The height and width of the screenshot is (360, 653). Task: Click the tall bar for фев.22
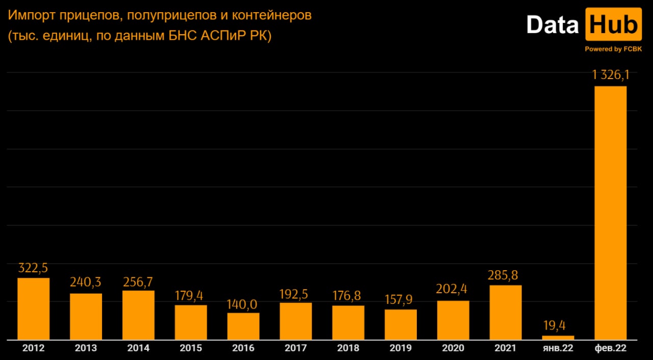pyautogui.click(x=611, y=213)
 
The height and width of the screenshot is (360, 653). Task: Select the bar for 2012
pyautogui.click(x=34, y=308)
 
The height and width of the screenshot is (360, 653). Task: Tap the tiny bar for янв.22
pyautogui.click(x=558, y=337)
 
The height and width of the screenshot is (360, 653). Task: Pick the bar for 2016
pyautogui.click(x=243, y=326)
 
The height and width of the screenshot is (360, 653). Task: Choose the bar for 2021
pyautogui.click(x=506, y=312)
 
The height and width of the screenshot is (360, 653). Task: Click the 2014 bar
pyautogui.click(x=138, y=315)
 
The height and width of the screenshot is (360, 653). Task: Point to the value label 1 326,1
pyautogui.click(x=611, y=76)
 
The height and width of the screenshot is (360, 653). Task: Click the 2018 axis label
pyautogui.click(x=348, y=348)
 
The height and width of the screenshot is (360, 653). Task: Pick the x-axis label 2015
pyautogui.click(x=191, y=348)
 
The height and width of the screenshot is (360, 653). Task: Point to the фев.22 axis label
pyautogui.click(x=611, y=348)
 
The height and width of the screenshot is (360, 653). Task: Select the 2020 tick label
pyautogui.click(x=453, y=348)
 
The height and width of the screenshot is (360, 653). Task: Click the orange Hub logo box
pyautogui.click(x=613, y=24)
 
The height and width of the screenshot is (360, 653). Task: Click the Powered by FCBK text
pyautogui.click(x=613, y=49)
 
